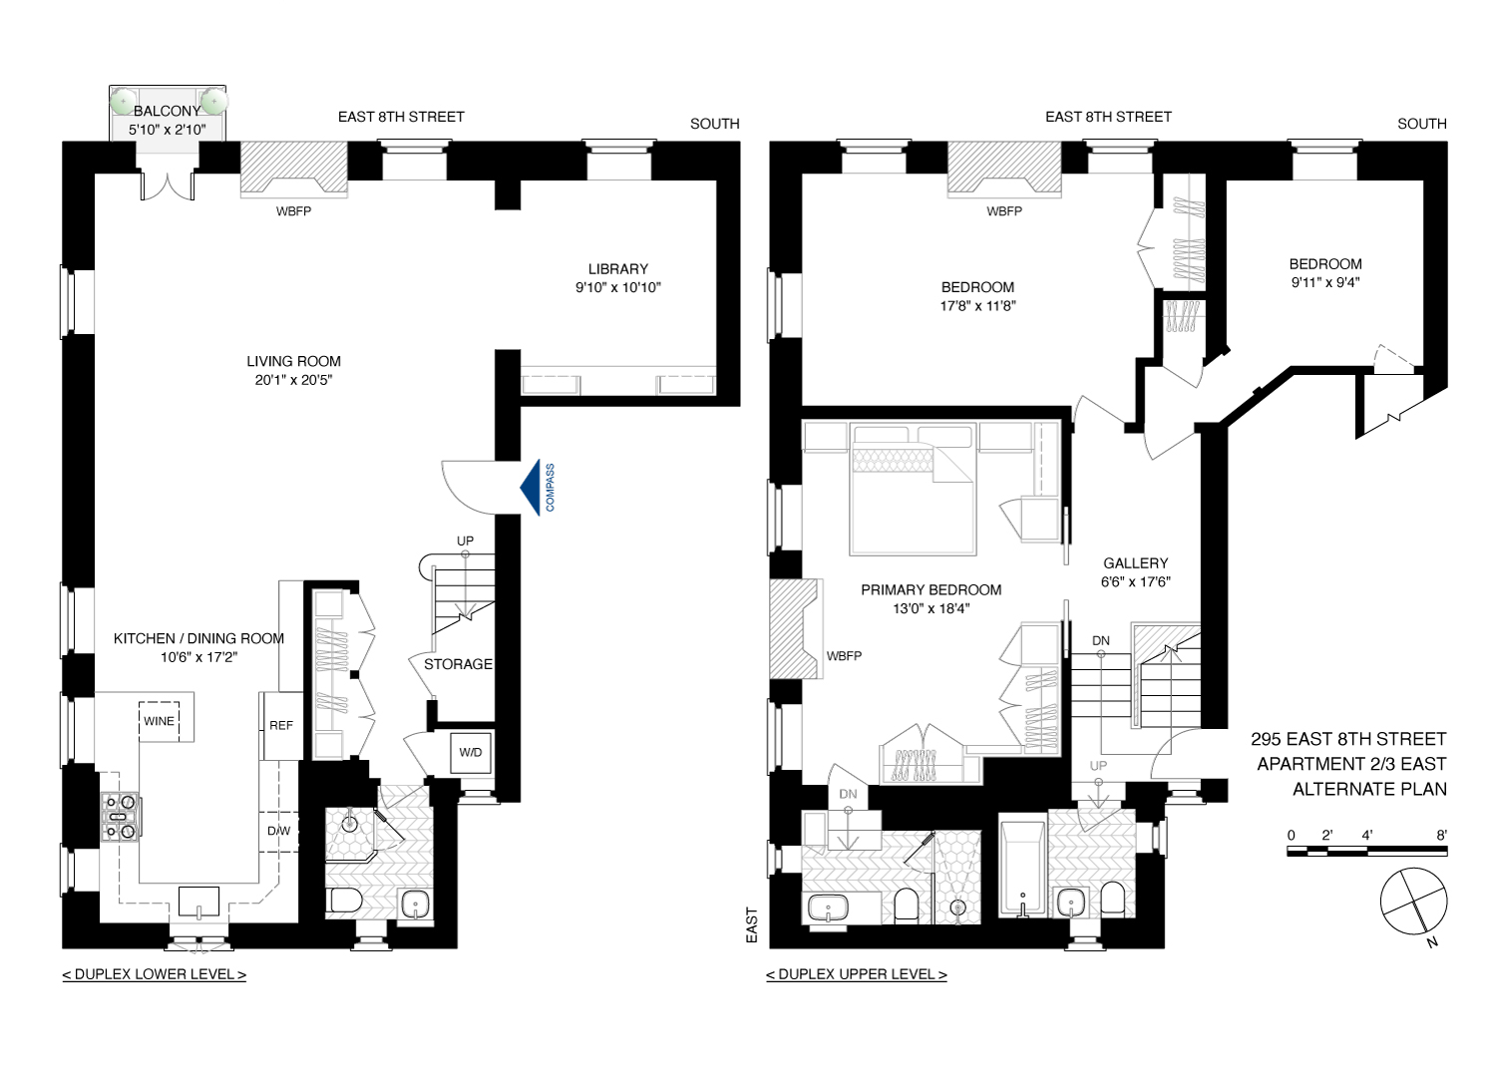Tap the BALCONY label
(x=167, y=111)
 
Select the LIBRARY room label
(x=617, y=269)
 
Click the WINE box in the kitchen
(x=159, y=721)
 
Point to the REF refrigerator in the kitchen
(x=281, y=725)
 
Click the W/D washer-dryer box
(x=471, y=753)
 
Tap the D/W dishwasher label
(x=278, y=831)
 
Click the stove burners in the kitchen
(x=120, y=816)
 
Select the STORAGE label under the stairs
(x=458, y=664)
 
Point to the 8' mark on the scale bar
(x=1441, y=836)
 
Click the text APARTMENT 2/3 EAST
(x=1351, y=764)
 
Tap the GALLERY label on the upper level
(x=1135, y=563)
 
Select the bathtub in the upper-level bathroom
(x=1022, y=868)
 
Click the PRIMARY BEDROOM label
(x=931, y=590)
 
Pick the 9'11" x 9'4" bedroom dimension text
(x=1325, y=282)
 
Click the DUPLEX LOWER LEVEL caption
(x=155, y=974)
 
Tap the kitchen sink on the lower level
(x=199, y=901)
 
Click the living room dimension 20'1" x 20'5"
(x=293, y=380)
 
